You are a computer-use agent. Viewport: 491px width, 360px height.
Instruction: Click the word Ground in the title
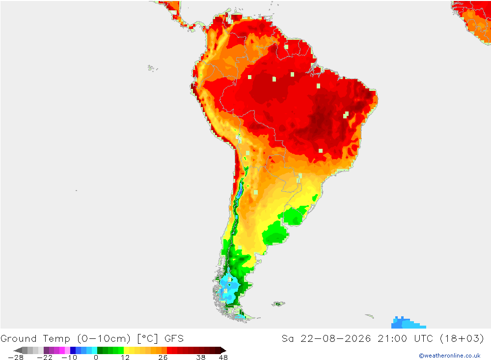point(19,339)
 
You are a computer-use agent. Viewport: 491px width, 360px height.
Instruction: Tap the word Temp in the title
point(56,339)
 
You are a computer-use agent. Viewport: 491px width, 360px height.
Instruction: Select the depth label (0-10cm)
point(104,339)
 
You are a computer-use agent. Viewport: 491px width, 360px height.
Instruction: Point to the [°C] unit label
point(147,339)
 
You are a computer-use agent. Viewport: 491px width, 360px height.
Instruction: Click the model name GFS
point(174,339)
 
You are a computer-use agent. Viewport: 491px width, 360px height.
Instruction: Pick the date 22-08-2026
point(335,339)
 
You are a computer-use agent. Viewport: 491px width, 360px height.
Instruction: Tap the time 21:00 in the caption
point(392,339)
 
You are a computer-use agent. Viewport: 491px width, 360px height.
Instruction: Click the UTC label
point(423,339)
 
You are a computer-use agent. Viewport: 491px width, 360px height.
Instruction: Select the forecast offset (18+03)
point(462,339)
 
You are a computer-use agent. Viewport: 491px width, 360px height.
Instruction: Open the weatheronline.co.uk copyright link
point(450,356)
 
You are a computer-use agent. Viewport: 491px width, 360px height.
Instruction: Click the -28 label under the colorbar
point(15,358)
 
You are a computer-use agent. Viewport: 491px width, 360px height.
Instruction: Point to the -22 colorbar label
point(45,358)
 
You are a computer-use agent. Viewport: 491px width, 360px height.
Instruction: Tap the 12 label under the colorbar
point(125,358)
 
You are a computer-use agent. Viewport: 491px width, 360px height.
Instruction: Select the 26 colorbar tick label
point(163,358)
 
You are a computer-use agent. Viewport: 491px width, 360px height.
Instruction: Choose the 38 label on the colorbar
point(201,358)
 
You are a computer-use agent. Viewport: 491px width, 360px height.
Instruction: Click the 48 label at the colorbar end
point(223,358)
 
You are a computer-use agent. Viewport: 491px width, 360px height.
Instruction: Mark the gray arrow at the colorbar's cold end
point(18,350)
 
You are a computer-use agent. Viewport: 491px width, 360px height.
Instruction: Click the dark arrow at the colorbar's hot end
point(223,350)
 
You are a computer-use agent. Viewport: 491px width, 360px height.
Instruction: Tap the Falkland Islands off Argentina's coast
point(278,304)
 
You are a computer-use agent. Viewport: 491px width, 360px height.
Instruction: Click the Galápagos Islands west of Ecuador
point(152,68)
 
